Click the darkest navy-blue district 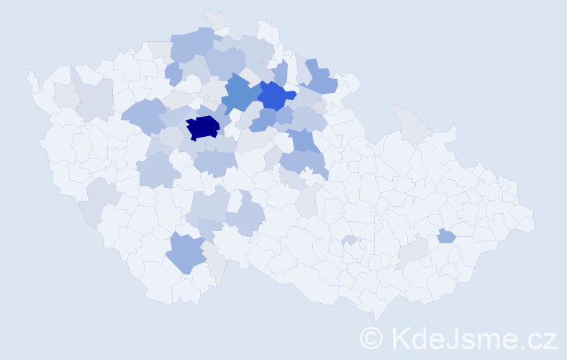203,127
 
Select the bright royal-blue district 275,94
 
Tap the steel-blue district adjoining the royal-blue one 240,94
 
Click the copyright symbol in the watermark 371,338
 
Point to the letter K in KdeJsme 400,338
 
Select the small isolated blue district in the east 446,235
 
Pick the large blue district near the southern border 186,253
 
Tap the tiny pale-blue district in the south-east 350,240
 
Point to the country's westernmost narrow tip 30,75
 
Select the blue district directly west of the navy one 144,114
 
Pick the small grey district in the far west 65,94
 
